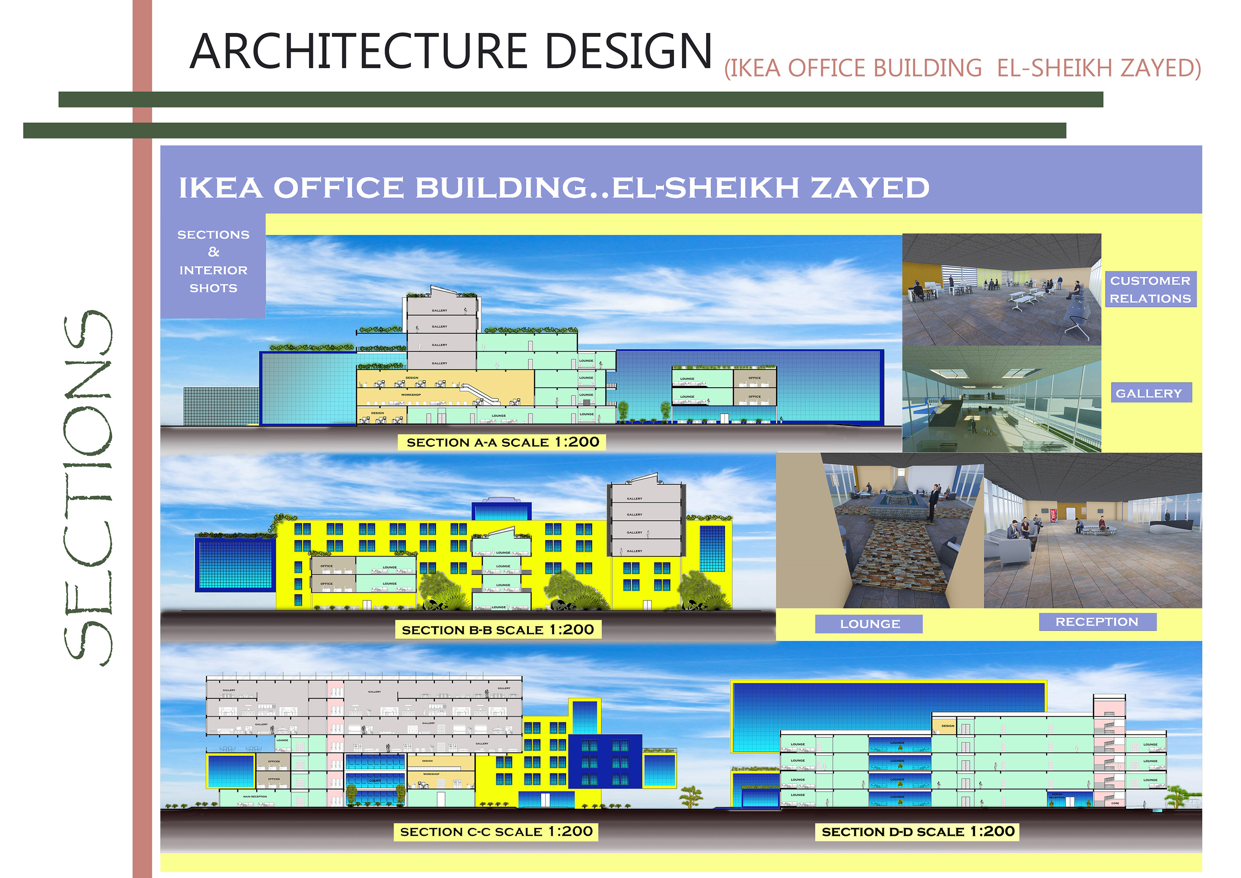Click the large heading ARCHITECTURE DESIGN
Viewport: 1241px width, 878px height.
pyautogui.click(x=450, y=51)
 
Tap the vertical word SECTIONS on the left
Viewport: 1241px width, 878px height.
pyautogui.click(x=88, y=488)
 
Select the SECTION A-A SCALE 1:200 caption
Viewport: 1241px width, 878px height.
pyautogui.click(x=502, y=442)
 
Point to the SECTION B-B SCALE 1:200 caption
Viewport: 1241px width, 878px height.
pyautogui.click(x=497, y=630)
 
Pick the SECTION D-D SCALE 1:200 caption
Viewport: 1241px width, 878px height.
pyautogui.click(x=917, y=831)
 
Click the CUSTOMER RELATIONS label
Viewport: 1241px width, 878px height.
pyautogui.click(x=1150, y=289)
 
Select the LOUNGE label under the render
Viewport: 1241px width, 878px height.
pyautogui.click(x=869, y=624)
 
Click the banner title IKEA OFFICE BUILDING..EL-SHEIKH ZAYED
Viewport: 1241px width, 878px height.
pyautogui.click(x=554, y=188)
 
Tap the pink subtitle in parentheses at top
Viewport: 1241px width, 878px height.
pyautogui.click(x=962, y=68)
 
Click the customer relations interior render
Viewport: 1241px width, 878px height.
pyautogui.click(x=1001, y=289)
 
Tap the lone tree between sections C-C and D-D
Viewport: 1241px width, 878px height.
pyautogui.click(x=691, y=796)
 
